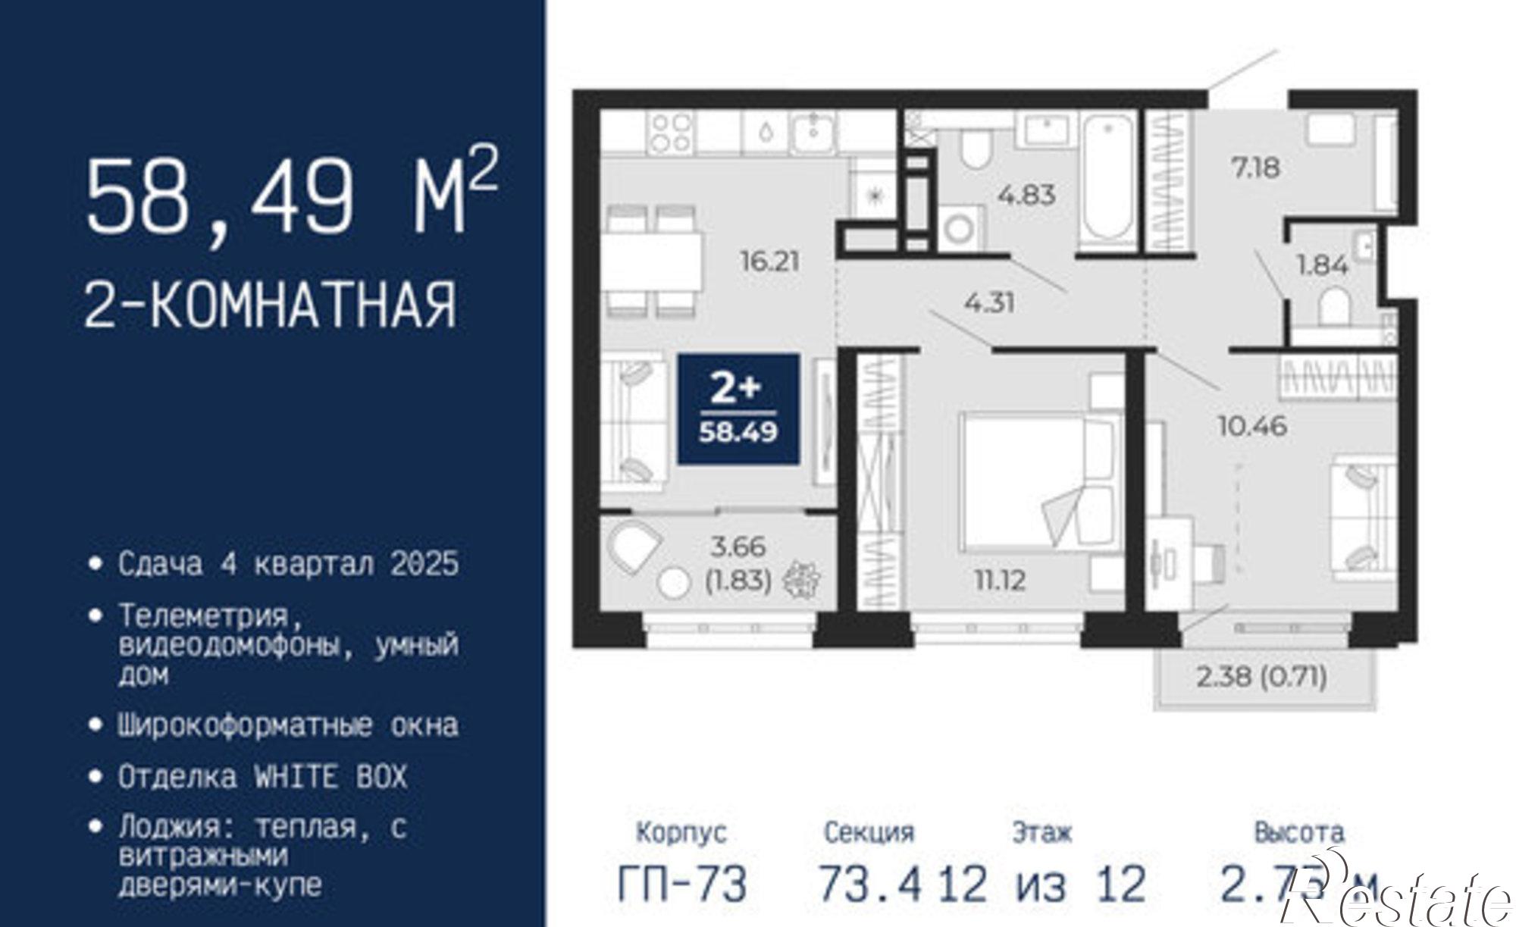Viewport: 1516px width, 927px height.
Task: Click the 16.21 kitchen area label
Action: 769,262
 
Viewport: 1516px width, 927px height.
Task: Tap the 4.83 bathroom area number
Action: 1026,195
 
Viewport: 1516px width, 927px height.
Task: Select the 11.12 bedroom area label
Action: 1000,581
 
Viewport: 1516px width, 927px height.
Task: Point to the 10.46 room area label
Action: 1252,426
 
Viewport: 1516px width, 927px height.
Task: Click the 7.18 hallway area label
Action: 1255,168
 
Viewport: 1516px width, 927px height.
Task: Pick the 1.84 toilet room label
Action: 1322,265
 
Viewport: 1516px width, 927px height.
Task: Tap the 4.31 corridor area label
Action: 989,303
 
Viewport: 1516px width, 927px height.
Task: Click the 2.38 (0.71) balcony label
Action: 1261,676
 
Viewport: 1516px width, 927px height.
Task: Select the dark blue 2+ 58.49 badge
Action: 738,409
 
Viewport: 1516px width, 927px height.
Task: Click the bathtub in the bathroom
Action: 1106,180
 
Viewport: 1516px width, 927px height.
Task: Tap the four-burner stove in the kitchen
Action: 671,133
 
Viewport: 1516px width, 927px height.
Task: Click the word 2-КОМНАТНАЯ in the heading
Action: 271,305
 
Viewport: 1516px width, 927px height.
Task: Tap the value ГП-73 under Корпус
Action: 682,884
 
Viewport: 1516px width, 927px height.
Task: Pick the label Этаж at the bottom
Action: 1042,833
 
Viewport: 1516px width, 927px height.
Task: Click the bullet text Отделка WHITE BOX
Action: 262,777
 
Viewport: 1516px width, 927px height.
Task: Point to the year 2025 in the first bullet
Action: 424,564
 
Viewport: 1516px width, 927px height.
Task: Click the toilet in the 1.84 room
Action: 1334,307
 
